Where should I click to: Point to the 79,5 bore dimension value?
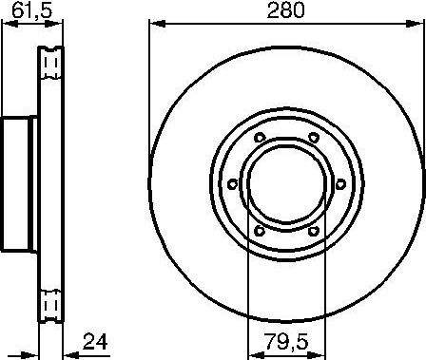(x=285, y=340)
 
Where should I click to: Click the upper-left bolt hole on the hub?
(x=259, y=140)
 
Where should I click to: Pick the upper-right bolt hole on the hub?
(x=313, y=140)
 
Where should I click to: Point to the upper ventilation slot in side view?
(x=53, y=65)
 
